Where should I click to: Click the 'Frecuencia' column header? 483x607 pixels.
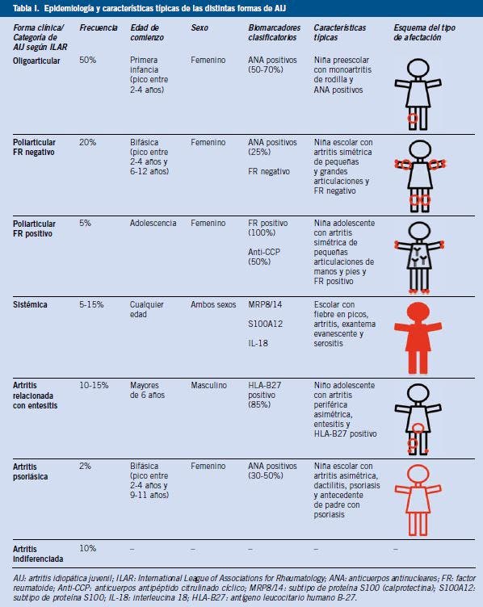[x=99, y=28]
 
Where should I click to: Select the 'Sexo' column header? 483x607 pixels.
[x=199, y=28]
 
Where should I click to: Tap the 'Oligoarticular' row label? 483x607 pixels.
[x=36, y=61]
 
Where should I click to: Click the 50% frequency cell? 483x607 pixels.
[x=87, y=60]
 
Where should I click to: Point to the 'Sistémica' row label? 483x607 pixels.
[x=30, y=304]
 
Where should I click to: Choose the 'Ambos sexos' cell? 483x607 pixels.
[x=213, y=304]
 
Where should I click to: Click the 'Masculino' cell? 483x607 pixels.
[x=208, y=386]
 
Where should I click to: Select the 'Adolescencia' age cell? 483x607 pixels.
[x=153, y=224]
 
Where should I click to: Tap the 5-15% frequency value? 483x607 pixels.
[x=91, y=304]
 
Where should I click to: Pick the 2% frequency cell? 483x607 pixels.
[x=86, y=466]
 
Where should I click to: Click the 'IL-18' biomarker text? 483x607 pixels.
[x=258, y=343]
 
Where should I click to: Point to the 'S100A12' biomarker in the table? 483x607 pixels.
[x=265, y=324]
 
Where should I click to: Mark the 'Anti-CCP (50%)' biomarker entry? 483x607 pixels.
[x=264, y=257]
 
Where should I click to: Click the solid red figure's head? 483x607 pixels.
[x=418, y=312]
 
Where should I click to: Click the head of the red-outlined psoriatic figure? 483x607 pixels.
[x=418, y=474]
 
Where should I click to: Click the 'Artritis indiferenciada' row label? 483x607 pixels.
[x=38, y=555]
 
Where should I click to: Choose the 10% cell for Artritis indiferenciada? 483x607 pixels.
[x=87, y=549]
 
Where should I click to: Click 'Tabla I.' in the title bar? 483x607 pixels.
[x=26, y=9]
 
